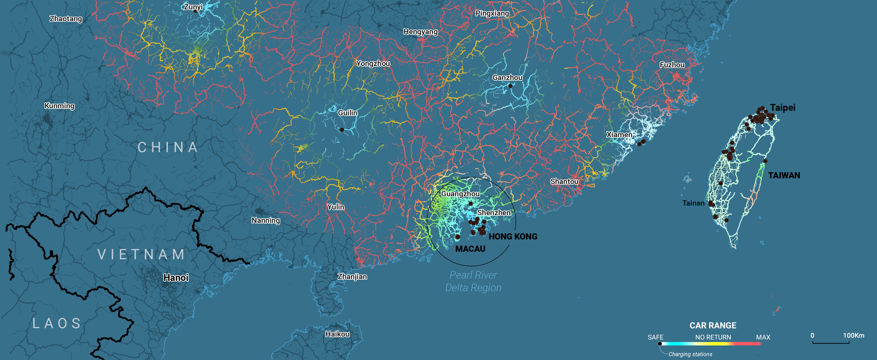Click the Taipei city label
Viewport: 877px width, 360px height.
pos(782,108)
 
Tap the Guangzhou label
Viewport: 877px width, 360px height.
pos(460,194)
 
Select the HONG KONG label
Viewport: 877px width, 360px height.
pos(513,236)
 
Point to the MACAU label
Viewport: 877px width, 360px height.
pos(470,249)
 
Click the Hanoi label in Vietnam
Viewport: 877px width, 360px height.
pos(176,278)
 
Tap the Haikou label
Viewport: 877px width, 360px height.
pos(337,334)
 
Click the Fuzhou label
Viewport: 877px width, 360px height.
pos(672,65)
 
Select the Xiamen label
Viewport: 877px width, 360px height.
pos(619,135)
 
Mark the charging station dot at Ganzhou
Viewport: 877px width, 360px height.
pos(510,86)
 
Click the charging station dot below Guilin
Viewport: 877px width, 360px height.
pos(342,129)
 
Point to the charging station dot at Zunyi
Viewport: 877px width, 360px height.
pos(195,11)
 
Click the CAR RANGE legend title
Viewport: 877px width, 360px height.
pos(713,325)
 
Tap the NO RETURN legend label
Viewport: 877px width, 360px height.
pos(713,337)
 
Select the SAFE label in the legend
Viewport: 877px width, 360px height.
pos(655,337)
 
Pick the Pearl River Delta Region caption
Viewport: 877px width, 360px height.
pos(473,281)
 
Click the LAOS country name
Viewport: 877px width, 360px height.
pos(57,323)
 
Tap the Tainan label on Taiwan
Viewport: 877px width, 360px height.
pos(693,203)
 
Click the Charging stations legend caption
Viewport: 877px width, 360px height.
pos(690,354)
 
